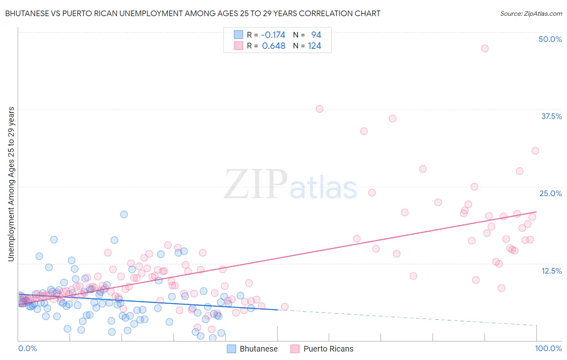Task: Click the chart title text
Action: tap(192, 13)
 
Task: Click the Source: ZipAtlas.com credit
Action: tap(531, 13)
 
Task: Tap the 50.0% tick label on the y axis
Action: tap(550, 39)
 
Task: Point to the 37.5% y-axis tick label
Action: tap(551, 116)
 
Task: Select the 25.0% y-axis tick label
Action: tap(550, 193)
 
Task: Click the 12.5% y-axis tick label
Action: tap(551, 271)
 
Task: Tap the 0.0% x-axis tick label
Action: tap(27, 348)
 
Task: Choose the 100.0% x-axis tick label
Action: tap(548, 348)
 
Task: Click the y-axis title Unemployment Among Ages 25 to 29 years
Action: tap(11, 184)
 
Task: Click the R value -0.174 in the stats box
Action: tap(273, 35)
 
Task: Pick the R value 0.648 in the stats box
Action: tap(273, 46)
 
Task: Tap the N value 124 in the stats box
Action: tap(315, 46)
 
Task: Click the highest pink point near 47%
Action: tap(485, 48)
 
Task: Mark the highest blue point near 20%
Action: tap(124, 214)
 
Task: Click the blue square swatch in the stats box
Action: tap(238, 35)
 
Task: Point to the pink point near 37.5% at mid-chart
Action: tap(319, 109)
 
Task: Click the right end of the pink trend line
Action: tap(536, 212)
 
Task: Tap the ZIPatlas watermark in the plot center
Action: tap(290, 185)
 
